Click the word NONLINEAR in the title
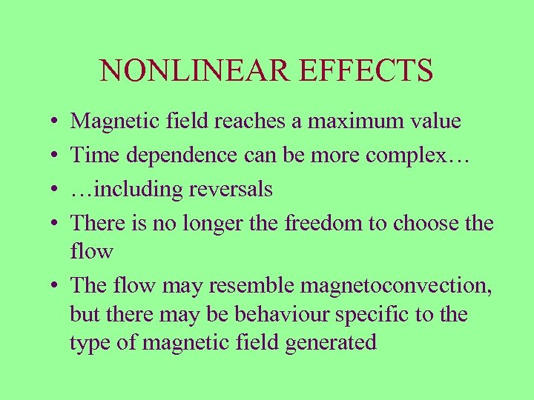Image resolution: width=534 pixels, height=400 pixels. point(188,71)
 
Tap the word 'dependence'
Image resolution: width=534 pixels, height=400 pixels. point(172,156)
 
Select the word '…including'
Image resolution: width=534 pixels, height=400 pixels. point(126,190)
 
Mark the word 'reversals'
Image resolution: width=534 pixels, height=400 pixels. point(231,190)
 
